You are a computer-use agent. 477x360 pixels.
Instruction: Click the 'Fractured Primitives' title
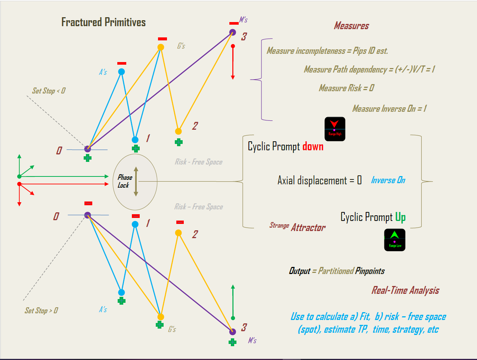pos(103,22)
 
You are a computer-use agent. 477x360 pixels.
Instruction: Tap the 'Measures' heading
pos(351,26)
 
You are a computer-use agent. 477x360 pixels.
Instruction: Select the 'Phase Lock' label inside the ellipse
pos(124,181)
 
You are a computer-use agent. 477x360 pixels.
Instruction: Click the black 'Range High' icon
pos(335,129)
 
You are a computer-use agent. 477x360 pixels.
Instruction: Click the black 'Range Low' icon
pos(394,240)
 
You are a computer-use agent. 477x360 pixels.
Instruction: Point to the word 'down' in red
pos(313,146)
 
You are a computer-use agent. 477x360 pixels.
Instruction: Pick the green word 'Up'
pos(400,217)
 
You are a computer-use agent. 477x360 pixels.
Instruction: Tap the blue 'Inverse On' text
pos(388,180)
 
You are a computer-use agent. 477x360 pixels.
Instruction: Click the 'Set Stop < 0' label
pos(49,91)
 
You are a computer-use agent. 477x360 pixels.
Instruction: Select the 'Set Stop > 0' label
pos(41,310)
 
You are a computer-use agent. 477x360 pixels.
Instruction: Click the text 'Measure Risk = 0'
pos(346,88)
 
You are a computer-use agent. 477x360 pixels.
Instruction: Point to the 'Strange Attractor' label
pos(298,227)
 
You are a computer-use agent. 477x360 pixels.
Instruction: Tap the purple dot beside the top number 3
pos(233,33)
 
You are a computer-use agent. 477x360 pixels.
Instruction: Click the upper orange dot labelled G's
pos(161,47)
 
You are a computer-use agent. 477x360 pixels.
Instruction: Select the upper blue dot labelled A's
pos(121,71)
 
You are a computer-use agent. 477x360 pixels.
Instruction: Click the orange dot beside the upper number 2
pos(179,131)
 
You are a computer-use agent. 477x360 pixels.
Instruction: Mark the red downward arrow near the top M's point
pos(233,62)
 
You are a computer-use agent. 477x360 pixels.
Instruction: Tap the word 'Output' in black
pos(300,271)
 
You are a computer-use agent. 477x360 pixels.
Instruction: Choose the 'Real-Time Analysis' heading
pos(405,290)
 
